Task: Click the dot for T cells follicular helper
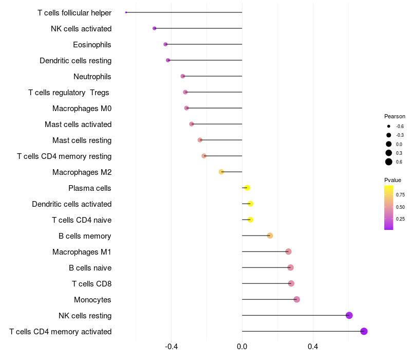[x=126, y=12]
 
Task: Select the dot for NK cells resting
[x=349, y=315]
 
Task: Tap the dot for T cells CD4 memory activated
[x=364, y=331]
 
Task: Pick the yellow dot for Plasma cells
[x=247, y=188]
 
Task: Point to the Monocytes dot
[x=296, y=299]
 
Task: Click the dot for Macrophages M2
[x=221, y=172]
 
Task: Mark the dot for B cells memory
[x=270, y=236]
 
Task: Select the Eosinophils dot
[x=165, y=44]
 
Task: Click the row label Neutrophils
[x=92, y=77]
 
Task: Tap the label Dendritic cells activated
[x=71, y=204]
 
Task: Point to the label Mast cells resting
[x=82, y=140]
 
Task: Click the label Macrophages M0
[x=82, y=109]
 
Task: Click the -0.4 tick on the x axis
[x=171, y=347]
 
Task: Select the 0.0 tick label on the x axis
[x=242, y=347]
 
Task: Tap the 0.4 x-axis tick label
[x=312, y=347]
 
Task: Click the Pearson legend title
[x=395, y=116]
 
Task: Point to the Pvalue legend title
[x=393, y=180]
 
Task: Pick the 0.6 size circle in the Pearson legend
[x=389, y=162]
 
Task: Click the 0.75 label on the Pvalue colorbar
[x=401, y=195]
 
